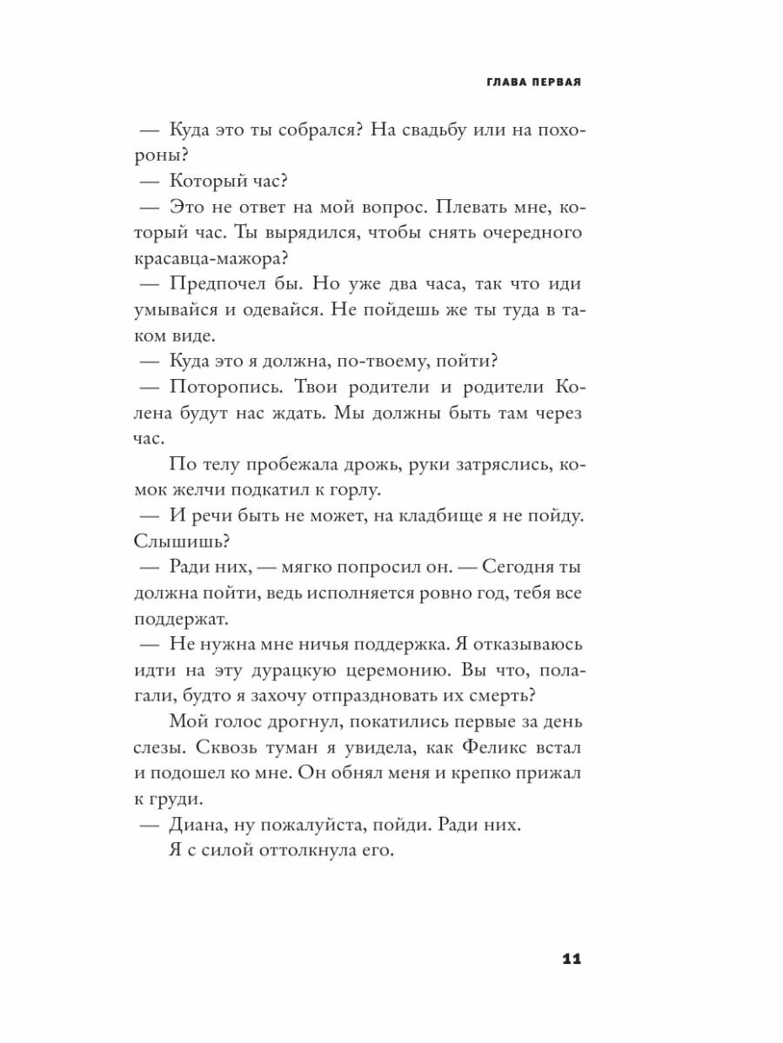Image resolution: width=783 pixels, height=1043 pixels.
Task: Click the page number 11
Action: (572, 960)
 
